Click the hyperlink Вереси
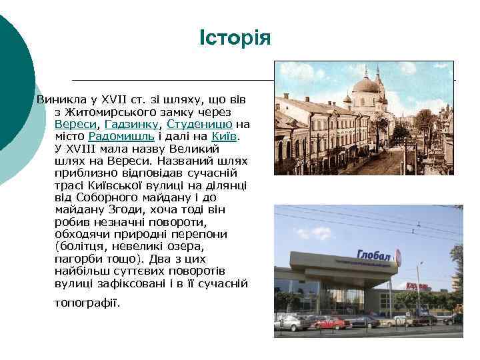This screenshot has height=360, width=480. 75,124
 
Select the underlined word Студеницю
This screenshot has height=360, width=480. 200,124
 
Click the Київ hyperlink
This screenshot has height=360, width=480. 225,136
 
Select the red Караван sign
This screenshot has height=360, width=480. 419,286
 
